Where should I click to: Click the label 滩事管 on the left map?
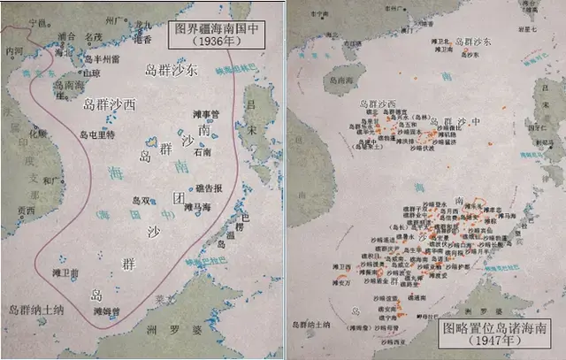tap(204, 114)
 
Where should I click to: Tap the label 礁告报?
tap(209, 188)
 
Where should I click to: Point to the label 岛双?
tap(141, 200)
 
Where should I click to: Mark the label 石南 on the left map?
tap(203, 151)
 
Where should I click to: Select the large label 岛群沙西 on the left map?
tap(110, 103)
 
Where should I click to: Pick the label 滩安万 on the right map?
tap(342, 283)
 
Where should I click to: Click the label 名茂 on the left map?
tap(93, 38)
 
